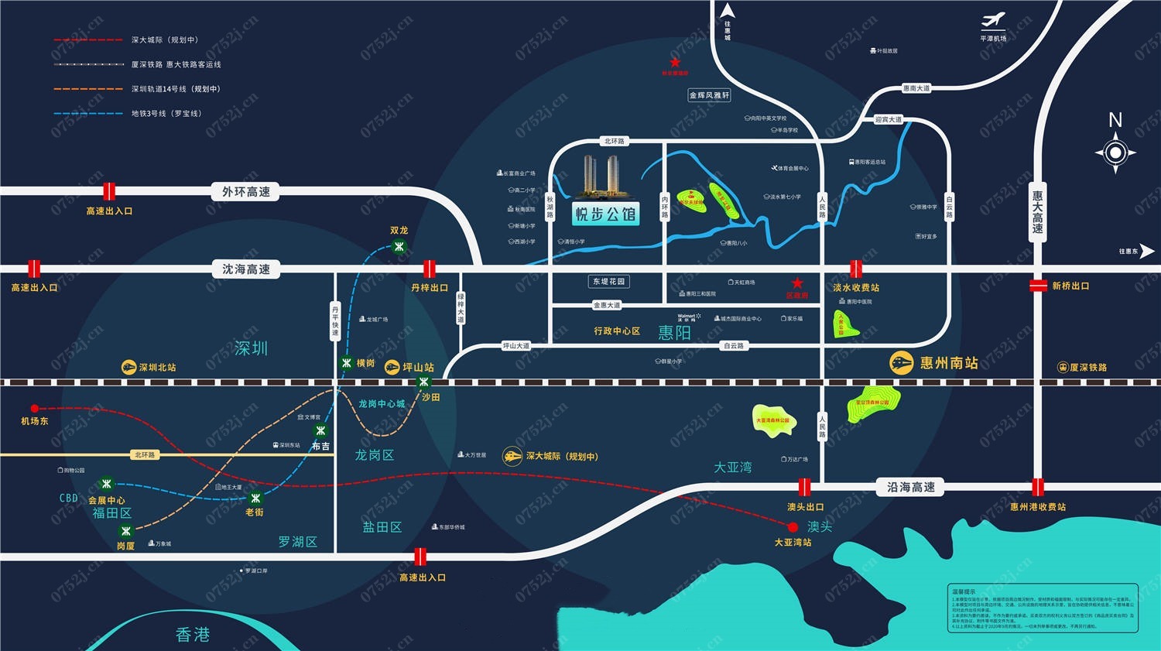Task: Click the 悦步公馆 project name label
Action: pos(605,214)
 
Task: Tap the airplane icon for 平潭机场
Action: pos(993,21)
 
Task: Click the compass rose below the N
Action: pos(1115,152)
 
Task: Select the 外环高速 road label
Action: pos(246,192)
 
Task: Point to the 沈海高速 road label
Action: pos(246,269)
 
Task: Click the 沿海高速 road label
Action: pos(910,487)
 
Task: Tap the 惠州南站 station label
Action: pos(948,362)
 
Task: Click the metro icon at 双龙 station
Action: pos(399,247)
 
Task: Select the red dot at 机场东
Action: pos(34,408)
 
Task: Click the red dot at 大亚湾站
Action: pos(793,527)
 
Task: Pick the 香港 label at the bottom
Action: pos(193,635)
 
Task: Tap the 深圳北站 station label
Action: pos(157,368)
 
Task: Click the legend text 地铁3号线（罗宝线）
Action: pos(166,114)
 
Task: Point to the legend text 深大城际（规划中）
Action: pos(165,39)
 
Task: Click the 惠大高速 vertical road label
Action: pos(1037,212)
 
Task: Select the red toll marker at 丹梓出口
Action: pos(429,269)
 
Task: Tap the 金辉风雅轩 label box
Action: pos(709,95)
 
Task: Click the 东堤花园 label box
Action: pos(608,282)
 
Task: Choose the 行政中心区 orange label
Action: pos(617,331)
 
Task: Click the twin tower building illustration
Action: pos(602,176)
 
